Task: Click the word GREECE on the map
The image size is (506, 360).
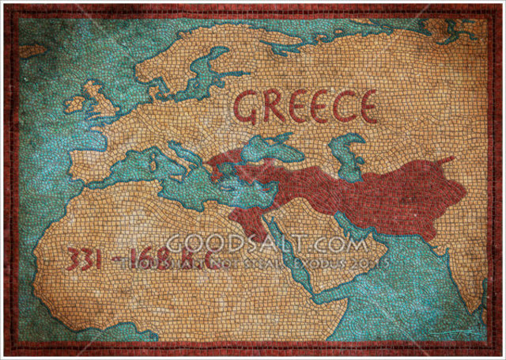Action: click(304, 107)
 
